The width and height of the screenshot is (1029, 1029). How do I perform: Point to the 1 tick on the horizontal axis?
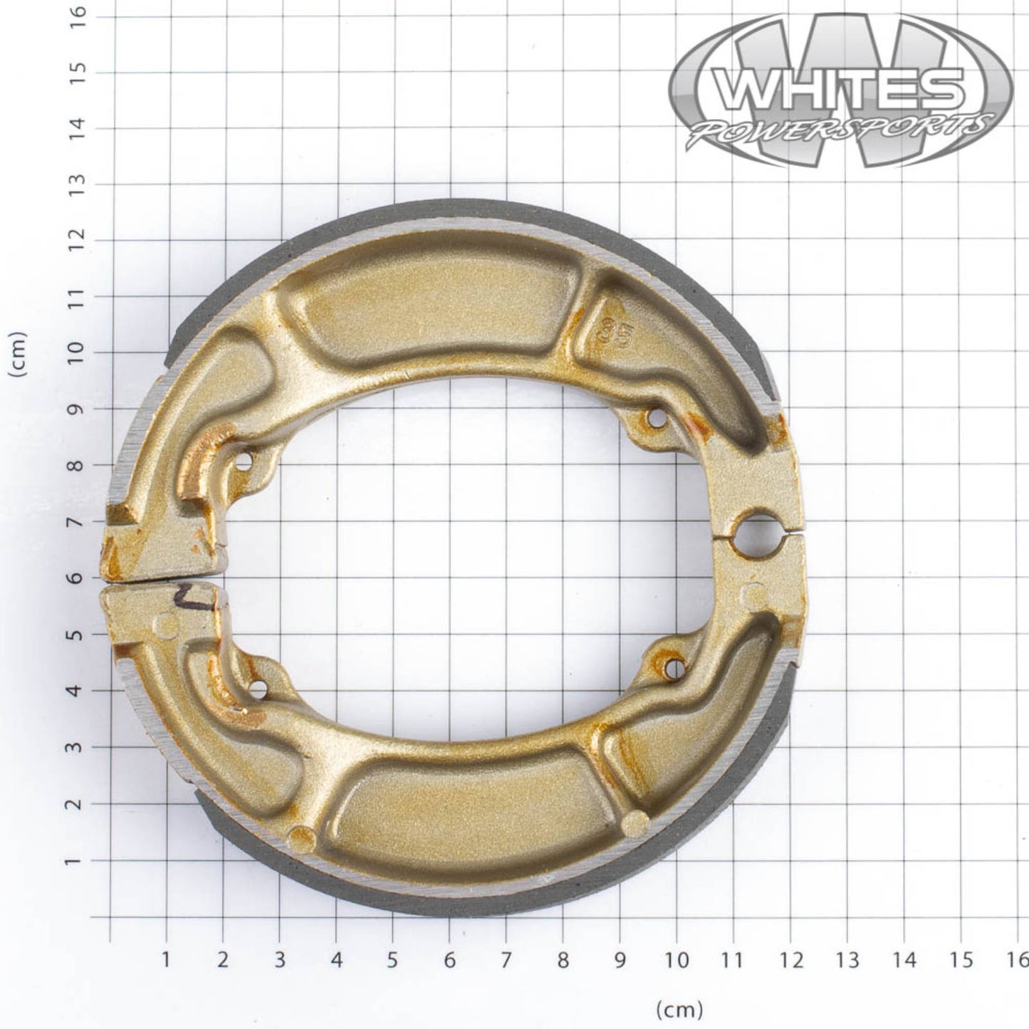pyautogui.click(x=166, y=960)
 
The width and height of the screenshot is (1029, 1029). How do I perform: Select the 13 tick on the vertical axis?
pyautogui.click(x=80, y=184)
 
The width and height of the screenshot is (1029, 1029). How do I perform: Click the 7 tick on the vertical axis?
pyautogui.click(x=80, y=522)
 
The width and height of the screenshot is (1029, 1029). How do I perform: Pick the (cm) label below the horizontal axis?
pyautogui.click(x=679, y=1008)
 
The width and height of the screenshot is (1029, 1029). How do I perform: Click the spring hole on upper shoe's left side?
pyautogui.click(x=244, y=462)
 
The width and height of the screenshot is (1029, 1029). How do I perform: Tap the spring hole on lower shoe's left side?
pyautogui.click(x=258, y=689)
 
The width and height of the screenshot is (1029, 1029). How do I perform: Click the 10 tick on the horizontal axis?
pyautogui.click(x=677, y=960)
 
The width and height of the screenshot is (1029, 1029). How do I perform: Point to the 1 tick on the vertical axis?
pyautogui.click(x=80, y=861)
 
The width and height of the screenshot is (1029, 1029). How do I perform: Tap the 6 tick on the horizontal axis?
pyautogui.click(x=449, y=960)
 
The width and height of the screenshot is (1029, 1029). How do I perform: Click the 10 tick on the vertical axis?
pyautogui.click(x=80, y=353)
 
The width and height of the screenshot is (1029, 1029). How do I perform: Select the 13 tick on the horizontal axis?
pyautogui.click(x=847, y=960)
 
